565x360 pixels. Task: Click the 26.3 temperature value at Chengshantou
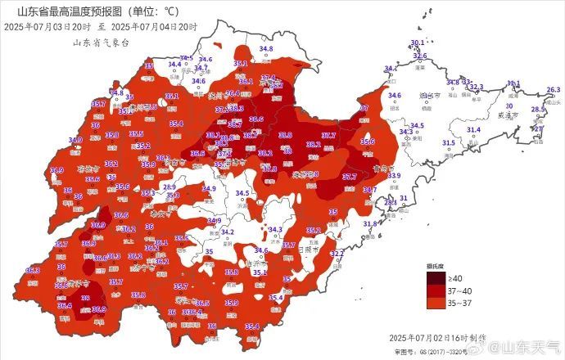553,89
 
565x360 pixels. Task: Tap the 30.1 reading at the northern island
418,42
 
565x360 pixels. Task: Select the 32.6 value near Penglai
420,56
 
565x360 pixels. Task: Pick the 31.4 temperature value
473,130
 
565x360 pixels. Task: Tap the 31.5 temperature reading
449,143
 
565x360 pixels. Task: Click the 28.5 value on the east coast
538,110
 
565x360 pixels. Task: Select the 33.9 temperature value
394,176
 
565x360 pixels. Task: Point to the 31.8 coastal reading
370,223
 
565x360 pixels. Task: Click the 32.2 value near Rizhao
337,254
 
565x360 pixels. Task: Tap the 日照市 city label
309,249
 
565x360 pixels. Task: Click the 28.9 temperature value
169,187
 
